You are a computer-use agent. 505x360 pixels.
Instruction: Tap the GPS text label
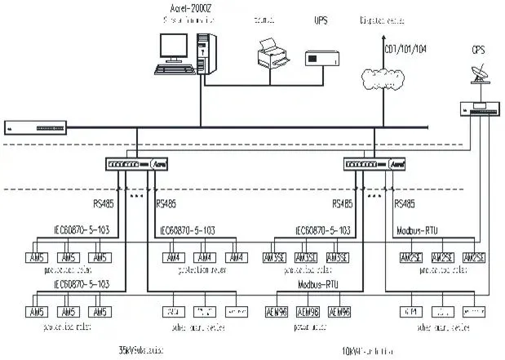click(477, 51)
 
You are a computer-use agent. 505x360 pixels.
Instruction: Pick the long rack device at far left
click(34, 128)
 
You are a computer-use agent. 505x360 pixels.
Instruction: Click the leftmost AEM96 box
click(275, 312)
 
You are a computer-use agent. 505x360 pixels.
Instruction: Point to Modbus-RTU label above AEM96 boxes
click(320, 286)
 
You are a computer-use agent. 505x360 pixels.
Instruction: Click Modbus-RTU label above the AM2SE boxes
click(422, 231)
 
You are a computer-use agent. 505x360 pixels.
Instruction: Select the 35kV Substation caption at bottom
click(141, 349)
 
